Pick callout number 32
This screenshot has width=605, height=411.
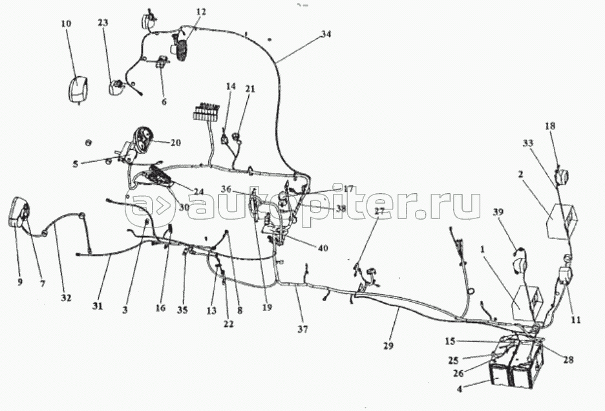[66, 298]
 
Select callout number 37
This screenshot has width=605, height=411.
[304, 328]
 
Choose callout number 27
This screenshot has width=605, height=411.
[379, 211]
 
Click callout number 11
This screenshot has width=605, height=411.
[575, 319]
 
